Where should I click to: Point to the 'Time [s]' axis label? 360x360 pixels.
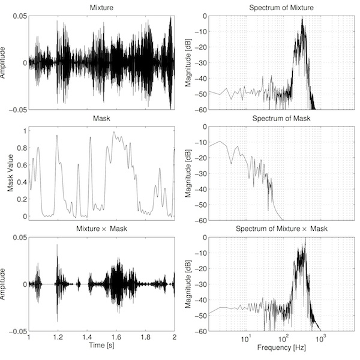(x=101, y=347)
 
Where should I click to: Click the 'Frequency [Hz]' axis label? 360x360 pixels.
(x=271, y=347)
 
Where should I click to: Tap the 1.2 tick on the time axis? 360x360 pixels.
(x=58, y=338)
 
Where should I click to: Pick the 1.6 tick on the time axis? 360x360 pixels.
(x=116, y=338)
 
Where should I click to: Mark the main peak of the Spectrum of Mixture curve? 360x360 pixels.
(x=303, y=19)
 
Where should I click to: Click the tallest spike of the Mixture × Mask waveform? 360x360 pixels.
(x=58, y=245)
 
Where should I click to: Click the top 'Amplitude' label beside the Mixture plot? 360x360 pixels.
(x=5, y=62)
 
